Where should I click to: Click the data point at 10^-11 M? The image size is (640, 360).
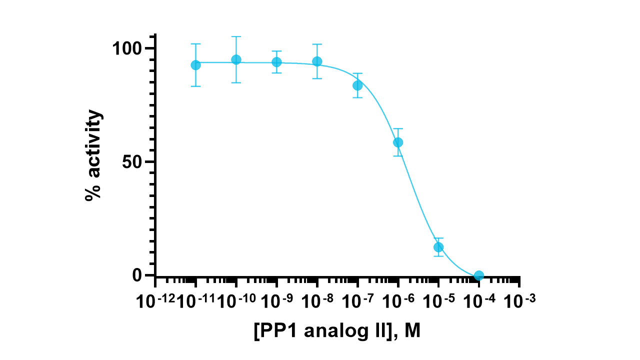pos(195,65)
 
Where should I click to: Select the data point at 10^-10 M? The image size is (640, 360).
pos(236,60)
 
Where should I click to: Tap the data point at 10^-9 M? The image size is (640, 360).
pos(276,62)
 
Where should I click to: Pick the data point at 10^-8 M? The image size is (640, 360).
pos(317,61)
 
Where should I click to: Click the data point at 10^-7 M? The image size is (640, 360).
pos(357,85)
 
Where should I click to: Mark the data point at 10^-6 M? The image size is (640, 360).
pos(398,142)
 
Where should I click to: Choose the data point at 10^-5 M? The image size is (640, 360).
pos(438,247)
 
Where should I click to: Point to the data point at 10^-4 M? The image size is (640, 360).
pos(479,275)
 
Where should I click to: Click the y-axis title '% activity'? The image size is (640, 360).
pos(93,155)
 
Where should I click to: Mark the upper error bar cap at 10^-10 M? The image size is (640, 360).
pos(236,36)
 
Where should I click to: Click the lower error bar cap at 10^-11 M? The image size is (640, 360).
pos(195,86)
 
